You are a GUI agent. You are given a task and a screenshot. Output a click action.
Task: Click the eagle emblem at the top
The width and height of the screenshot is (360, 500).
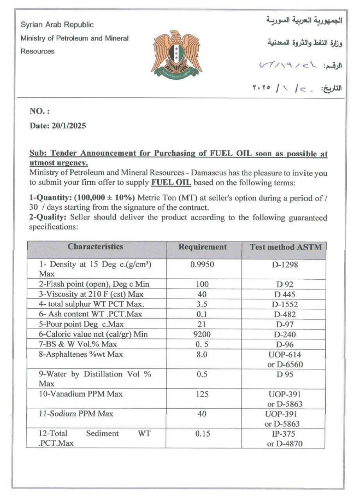coord(177,52)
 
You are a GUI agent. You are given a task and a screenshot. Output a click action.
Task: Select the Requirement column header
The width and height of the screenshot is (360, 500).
coord(202,247)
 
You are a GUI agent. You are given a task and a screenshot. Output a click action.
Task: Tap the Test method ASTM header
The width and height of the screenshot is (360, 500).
coord(286,247)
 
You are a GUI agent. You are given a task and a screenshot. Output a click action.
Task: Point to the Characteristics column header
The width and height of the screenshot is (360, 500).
coord(95,246)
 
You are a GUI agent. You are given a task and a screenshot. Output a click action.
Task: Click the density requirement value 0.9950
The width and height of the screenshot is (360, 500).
coord(202,264)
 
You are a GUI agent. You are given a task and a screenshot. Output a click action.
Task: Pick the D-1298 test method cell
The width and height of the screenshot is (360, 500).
coord(285,265)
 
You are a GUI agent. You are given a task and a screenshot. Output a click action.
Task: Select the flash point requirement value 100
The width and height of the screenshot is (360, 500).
coord(202,284)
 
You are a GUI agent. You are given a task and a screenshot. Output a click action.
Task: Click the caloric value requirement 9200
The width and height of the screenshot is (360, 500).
coord(202,334)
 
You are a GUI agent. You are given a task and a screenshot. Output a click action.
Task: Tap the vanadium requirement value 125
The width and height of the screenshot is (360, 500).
coord(202,394)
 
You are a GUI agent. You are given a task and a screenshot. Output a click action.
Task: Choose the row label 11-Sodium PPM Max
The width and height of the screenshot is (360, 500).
coord(76,414)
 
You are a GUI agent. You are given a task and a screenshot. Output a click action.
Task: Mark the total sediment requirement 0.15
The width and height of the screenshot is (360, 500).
coord(202,434)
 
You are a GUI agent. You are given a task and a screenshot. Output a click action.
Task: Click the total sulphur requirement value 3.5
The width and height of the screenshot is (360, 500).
coord(202,304)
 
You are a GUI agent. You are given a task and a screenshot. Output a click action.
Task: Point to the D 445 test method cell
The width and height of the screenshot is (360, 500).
coord(285,295)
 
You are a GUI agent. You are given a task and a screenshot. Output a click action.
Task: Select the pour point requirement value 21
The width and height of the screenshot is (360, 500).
coord(202,324)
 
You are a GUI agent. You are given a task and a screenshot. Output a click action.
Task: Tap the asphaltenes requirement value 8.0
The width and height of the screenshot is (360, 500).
coord(202,354)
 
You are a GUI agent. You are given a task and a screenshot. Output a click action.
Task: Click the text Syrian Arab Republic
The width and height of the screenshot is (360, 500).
coord(57,25)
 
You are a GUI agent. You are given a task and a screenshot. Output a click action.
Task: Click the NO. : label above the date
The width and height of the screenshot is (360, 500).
coord(39,112)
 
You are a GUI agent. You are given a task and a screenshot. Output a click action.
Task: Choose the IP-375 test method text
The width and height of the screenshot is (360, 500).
coord(283,434)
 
